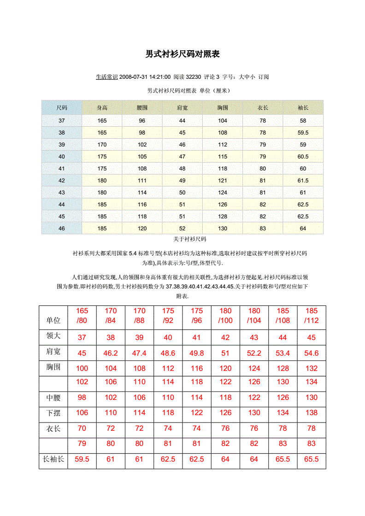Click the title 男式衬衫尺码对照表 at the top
pyautogui.click(x=182, y=54)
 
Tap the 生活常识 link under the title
pyautogui.click(x=106, y=77)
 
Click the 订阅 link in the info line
pyautogui.click(x=264, y=77)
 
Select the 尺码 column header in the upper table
pyautogui.click(x=62, y=108)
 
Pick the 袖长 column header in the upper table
pyautogui.click(x=303, y=108)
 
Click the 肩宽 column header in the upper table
pyautogui.click(x=182, y=108)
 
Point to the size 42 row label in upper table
pyautogui.click(x=62, y=181)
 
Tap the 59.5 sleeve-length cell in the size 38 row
pyautogui.click(x=303, y=133)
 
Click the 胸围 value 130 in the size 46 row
pyautogui.click(x=223, y=229)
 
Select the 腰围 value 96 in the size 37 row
pyautogui.click(x=142, y=121)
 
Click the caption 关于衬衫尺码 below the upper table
pyautogui.click(x=189, y=240)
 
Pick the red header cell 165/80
pyautogui.click(x=82, y=316)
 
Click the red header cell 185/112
pyautogui.click(x=312, y=316)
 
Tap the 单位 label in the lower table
pyautogui.click(x=53, y=321)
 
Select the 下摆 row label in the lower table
pyautogui.click(x=53, y=413)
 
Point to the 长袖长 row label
pyautogui.click(x=53, y=459)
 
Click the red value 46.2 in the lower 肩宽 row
pyautogui.click(x=111, y=353)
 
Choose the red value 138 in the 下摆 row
pyautogui.click(x=312, y=413)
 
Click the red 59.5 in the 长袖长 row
pyautogui.click(x=82, y=459)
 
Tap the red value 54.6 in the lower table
pyautogui.click(x=312, y=353)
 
